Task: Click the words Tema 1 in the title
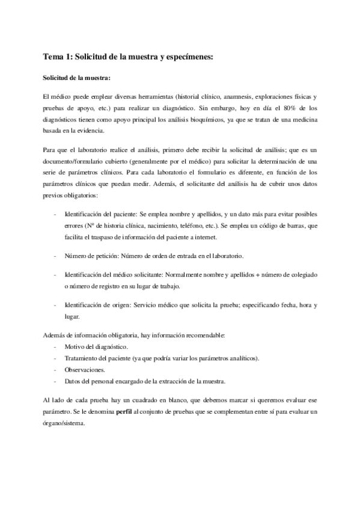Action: (x=56, y=57)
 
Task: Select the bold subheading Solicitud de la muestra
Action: (x=76, y=78)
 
